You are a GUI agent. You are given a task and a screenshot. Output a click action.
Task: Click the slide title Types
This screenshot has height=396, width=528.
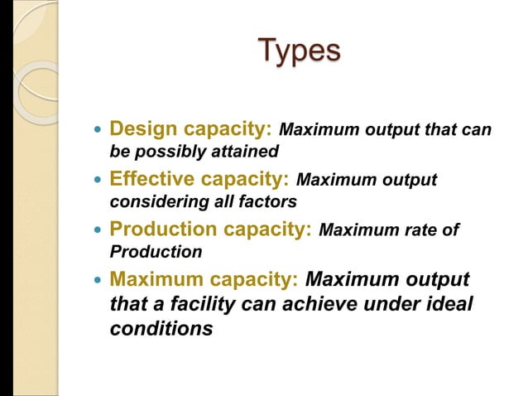[x=299, y=50]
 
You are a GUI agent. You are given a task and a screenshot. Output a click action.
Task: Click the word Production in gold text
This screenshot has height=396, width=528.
[x=157, y=229]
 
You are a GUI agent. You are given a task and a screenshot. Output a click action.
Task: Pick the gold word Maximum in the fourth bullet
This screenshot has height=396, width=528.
[x=151, y=279]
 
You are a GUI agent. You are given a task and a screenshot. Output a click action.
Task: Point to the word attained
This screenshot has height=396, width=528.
[x=251, y=152]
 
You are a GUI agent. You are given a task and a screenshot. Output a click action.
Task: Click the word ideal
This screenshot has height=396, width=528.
[x=449, y=304]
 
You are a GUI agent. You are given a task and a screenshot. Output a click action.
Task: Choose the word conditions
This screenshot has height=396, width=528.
[x=161, y=328]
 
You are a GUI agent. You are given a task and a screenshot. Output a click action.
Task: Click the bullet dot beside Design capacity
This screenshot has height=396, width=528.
[x=98, y=131]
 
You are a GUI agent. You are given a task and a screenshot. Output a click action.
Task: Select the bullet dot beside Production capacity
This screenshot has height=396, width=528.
[x=98, y=230]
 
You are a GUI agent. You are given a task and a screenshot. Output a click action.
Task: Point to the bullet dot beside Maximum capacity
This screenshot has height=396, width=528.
[x=98, y=280]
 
